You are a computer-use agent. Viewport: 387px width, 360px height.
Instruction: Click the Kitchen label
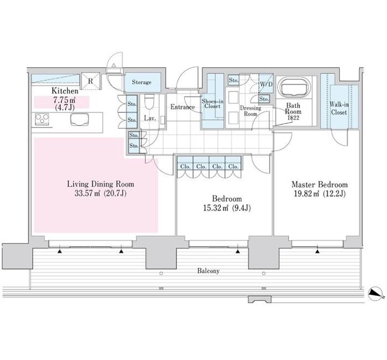tap(64, 91)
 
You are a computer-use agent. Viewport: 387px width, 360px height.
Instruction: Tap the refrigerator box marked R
tap(90, 81)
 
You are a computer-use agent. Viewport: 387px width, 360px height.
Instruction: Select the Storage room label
tap(141, 82)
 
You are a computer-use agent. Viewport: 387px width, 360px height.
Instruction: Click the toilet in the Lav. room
tap(148, 102)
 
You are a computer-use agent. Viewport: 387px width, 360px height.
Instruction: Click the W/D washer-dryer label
tap(266, 84)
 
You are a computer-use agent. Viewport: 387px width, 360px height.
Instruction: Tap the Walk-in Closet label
tap(339, 109)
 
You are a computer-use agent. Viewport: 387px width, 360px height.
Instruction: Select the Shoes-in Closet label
tap(212, 104)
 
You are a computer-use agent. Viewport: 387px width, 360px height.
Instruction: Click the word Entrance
tap(182, 107)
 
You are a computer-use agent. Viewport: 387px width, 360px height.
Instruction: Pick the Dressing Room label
tap(250, 111)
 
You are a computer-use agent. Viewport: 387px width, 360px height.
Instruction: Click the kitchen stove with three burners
tap(42, 119)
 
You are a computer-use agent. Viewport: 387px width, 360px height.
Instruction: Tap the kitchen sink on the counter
tap(80, 119)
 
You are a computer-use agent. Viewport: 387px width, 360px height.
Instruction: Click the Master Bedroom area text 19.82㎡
tap(309, 194)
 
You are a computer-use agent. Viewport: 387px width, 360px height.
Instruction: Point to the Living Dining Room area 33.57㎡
tap(87, 193)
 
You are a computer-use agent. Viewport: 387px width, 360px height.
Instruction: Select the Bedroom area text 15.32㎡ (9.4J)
tap(227, 208)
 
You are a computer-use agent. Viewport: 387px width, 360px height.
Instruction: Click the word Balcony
tap(209, 271)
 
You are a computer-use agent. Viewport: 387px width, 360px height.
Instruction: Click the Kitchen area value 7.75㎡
tap(64, 100)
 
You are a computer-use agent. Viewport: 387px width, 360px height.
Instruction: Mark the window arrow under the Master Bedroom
tap(318, 251)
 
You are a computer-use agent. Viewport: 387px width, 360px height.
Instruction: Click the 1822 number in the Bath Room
tap(293, 118)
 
